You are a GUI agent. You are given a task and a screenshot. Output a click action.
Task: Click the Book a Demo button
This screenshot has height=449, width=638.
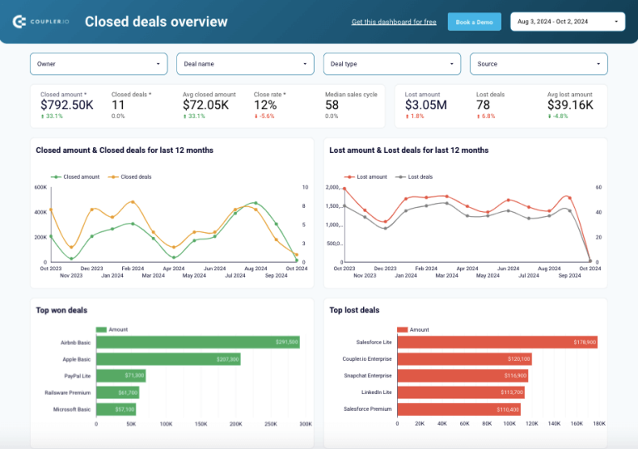[x=474, y=22]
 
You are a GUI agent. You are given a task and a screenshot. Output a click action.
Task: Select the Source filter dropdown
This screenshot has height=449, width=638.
[x=538, y=64]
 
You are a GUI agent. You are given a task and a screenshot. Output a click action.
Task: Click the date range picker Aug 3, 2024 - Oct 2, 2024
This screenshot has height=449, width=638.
[x=567, y=22]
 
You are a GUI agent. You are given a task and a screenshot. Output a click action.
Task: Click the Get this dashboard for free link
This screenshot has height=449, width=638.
[x=394, y=22]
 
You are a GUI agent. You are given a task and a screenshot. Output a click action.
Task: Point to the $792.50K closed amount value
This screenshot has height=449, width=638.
[x=67, y=105]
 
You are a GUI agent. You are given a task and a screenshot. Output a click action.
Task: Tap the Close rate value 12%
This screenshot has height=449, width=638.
[x=265, y=105]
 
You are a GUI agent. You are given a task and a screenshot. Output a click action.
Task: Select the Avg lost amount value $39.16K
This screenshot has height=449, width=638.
[x=570, y=105]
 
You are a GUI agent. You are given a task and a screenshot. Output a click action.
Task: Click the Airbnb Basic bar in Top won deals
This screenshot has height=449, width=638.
[x=198, y=342]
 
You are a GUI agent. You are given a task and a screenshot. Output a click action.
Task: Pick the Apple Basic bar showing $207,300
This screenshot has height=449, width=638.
[x=169, y=359]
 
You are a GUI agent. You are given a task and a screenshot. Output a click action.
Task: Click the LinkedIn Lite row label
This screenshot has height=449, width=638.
[x=375, y=392]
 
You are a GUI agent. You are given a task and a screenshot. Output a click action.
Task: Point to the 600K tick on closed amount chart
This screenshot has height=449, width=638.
[x=40, y=187]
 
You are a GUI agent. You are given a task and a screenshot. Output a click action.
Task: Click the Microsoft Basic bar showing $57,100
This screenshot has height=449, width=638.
[x=116, y=409]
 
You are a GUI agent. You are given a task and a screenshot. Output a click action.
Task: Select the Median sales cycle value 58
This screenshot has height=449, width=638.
[x=332, y=105]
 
